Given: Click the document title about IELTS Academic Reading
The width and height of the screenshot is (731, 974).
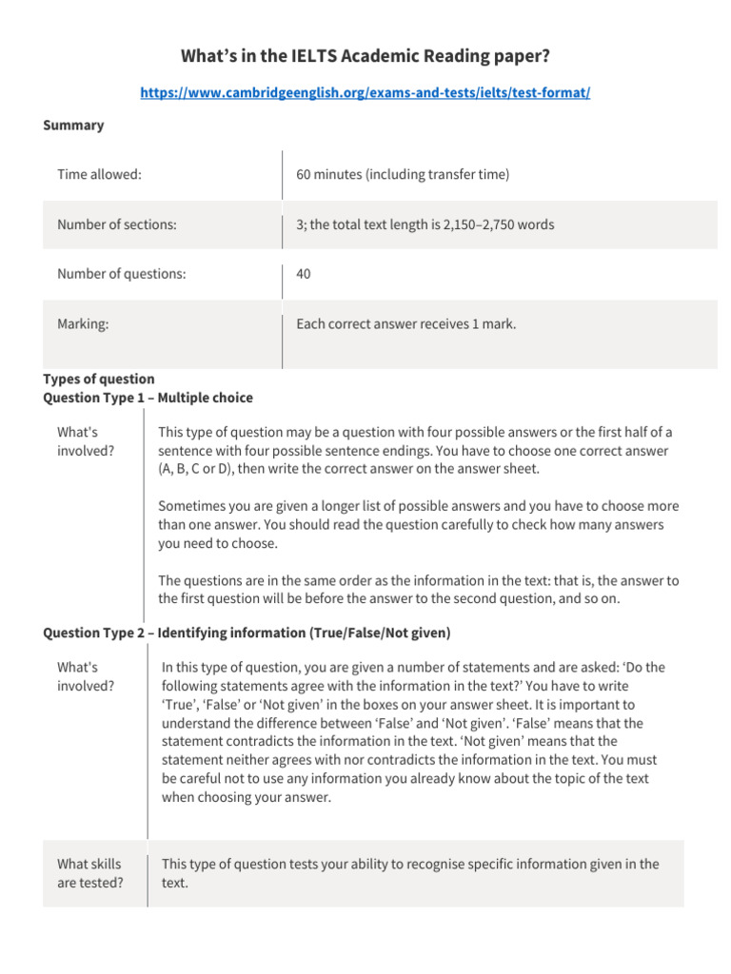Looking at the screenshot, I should coord(365,57).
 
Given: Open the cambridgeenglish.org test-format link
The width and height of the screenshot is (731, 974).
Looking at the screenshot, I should coord(365,93).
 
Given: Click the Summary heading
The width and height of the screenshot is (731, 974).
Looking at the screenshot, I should coord(73,126).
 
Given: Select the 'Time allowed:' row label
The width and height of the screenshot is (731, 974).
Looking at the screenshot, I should coord(99,175).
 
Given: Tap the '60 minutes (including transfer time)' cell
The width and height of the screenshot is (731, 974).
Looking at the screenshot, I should coord(403,175).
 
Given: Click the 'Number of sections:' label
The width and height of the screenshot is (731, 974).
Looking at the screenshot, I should coord(116,225).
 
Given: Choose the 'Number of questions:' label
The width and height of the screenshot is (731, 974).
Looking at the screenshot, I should coord(121,275).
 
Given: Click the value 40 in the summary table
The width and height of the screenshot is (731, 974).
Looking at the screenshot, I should coord(304,275).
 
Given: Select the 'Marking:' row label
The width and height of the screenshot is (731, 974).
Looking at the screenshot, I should coord(82,324).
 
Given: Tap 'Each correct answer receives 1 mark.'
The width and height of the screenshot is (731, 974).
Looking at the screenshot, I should coord(405,324).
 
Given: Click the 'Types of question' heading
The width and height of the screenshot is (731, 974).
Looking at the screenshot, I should coord(99,379).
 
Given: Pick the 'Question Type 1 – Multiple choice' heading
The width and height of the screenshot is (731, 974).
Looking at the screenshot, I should coord(148,398).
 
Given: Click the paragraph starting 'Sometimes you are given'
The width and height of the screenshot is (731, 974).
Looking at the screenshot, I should coord(418,524).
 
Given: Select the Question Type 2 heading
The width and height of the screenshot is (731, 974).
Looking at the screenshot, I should coord(247,633).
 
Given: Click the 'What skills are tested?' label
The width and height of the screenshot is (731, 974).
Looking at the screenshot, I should coord(89,873).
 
